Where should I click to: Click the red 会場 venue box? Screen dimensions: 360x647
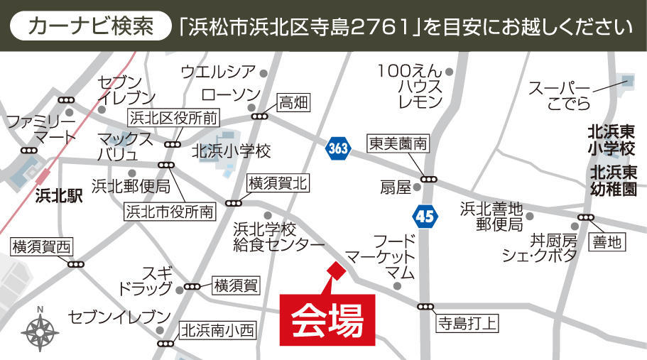point(328,320)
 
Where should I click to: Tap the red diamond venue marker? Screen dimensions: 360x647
point(335,271)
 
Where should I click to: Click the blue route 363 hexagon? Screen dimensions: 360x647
point(339,148)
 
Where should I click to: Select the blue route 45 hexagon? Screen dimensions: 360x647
point(424,216)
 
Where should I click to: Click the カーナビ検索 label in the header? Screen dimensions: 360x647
point(91,27)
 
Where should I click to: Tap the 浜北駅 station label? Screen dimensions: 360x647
point(58,196)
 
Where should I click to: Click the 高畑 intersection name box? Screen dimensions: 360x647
point(293,102)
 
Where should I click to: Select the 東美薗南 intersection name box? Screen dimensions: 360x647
point(398,144)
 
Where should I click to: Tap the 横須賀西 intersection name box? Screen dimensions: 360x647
point(42,247)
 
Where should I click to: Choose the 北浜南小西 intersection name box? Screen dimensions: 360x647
point(217,330)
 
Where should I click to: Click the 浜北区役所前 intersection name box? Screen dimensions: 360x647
point(173,116)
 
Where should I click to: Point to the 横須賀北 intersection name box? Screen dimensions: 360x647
point(278,183)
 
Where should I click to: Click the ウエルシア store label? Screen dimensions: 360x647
point(217,71)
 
